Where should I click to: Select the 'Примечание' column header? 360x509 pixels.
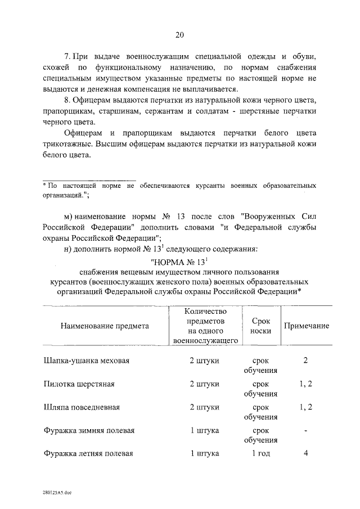pyautogui.click(x=306, y=326)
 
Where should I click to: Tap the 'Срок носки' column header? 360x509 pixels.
pyautogui.click(x=260, y=326)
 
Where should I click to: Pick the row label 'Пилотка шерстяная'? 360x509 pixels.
pyautogui.click(x=79, y=384)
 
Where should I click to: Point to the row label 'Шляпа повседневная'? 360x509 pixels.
pyautogui.click(x=82, y=407)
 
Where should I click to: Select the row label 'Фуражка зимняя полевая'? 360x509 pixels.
pyautogui.click(x=89, y=431)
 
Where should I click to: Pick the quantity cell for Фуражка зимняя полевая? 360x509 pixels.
pyautogui.click(x=205, y=431)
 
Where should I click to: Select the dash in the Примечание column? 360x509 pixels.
pyautogui.click(x=305, y=431)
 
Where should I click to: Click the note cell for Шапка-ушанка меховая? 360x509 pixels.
pyautogui.click(x=305, y=361)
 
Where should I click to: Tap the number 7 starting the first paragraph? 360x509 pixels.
pyautogui.click(x=67, y=57)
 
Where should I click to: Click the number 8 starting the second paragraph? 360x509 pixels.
pyautogui.click(x=67, y=101)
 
